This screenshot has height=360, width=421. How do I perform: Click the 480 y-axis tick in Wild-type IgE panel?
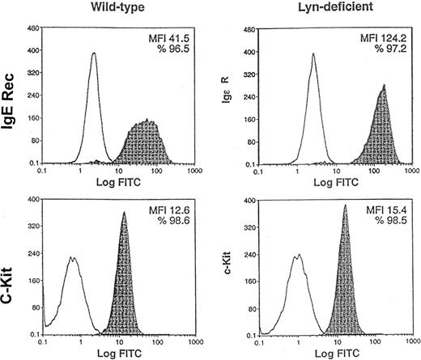(35, 27)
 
